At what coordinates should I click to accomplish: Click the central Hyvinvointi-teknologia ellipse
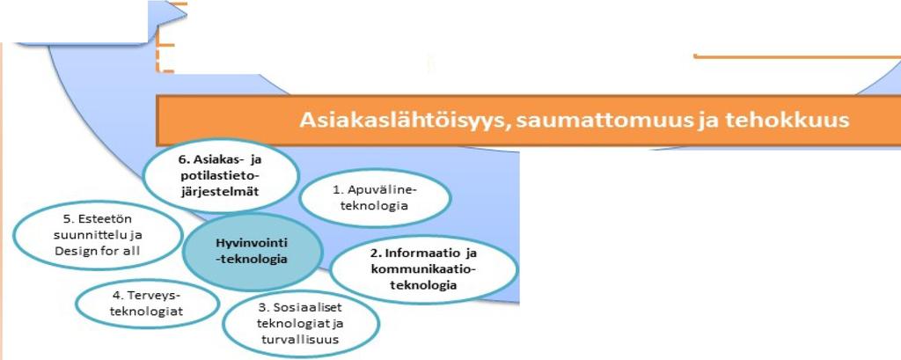pyautogui.click(x=253, y=252)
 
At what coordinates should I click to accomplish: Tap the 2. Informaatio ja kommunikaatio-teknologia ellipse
pyautogui.click(x=424, y=268)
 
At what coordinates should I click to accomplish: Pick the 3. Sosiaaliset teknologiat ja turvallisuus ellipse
pyautogui.click(x=301, y=323)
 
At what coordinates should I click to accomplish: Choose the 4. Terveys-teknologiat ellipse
pyautogui.click(x=148, y=304)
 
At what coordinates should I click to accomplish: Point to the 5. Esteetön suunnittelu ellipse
pyautogui.click(x=98, y=235)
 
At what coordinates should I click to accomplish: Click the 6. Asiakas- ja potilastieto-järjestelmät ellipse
pyautogui.click(x=221, y=175)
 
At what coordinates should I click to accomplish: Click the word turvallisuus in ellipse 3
pyautogui.click(x=301, y=338)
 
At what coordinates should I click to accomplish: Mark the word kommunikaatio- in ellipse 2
pyautogui.click(x=424, y=269)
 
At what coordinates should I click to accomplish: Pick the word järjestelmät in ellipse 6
pyautogui.click(x=221, y=190)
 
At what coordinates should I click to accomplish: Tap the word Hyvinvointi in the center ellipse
pyautogui.click(x=253, y=244)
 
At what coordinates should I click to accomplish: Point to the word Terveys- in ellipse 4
pyautogui.click(x=153, y=296)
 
